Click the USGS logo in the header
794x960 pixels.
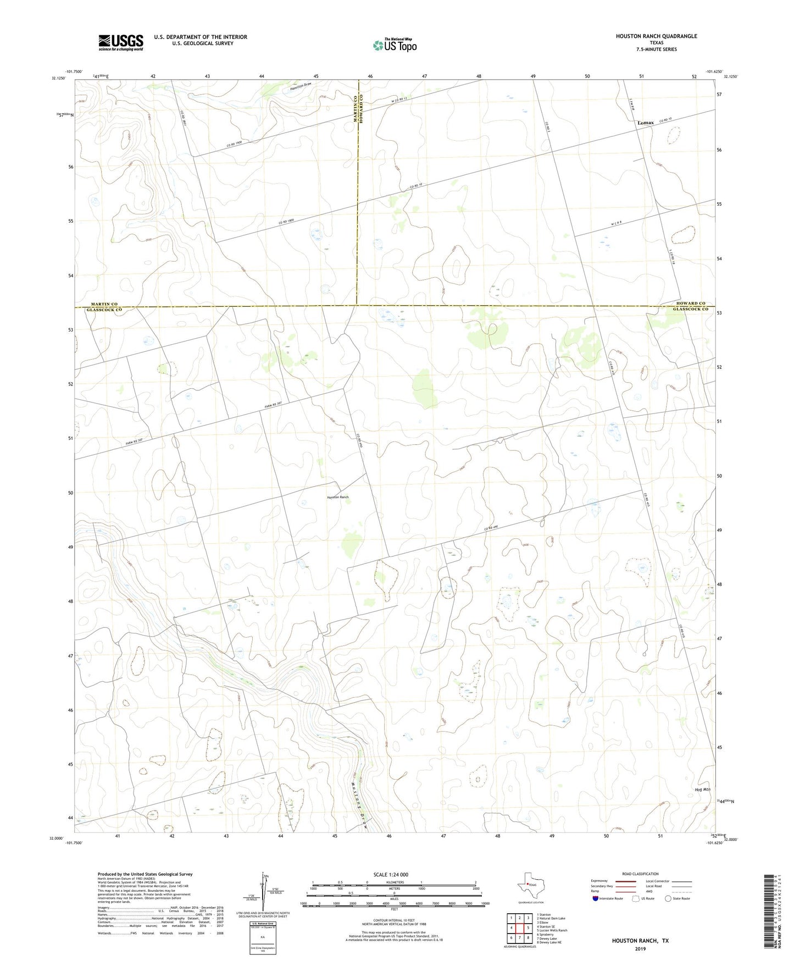pos(121,42)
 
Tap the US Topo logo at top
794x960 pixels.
pos(395,45)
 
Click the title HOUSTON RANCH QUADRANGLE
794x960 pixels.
pos(656,36)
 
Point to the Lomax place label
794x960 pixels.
pos(646,123)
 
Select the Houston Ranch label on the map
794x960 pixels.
pos(338,497)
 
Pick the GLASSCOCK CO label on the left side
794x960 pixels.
pos(104,310)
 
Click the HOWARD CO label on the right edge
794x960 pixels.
pos(691,303)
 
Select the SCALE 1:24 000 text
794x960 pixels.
pos(391,875)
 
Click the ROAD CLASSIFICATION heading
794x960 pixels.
pos(640,874)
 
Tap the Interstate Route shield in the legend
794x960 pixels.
pos(596,898)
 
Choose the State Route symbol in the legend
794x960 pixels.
pos(668,898)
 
